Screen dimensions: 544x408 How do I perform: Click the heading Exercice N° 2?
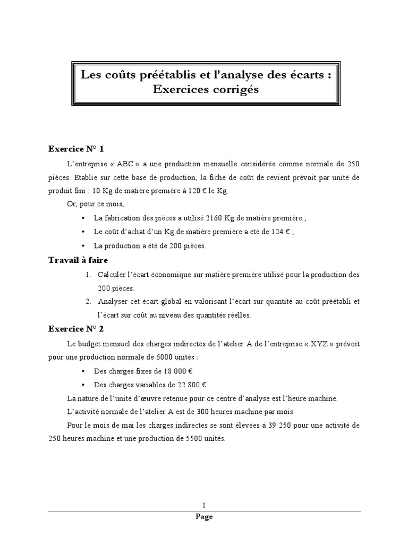tap(80, 329)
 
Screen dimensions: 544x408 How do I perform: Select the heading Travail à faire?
tap(78, 260)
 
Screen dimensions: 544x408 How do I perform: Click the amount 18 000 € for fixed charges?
tap(189, 371)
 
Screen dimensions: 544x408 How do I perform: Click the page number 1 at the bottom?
tap(204, 505)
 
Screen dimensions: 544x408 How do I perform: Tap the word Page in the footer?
tap(204, 516)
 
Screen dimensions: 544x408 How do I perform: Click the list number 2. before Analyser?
tap(89, 302)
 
